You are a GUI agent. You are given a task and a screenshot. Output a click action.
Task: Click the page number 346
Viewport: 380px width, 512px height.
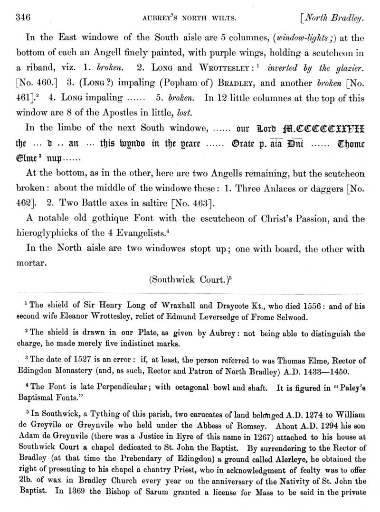(23, 19)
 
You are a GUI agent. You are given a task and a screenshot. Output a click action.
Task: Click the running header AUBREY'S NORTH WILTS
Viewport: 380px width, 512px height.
(190, 19)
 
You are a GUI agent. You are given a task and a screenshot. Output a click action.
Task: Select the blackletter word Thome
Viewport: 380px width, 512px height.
(351, 144)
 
